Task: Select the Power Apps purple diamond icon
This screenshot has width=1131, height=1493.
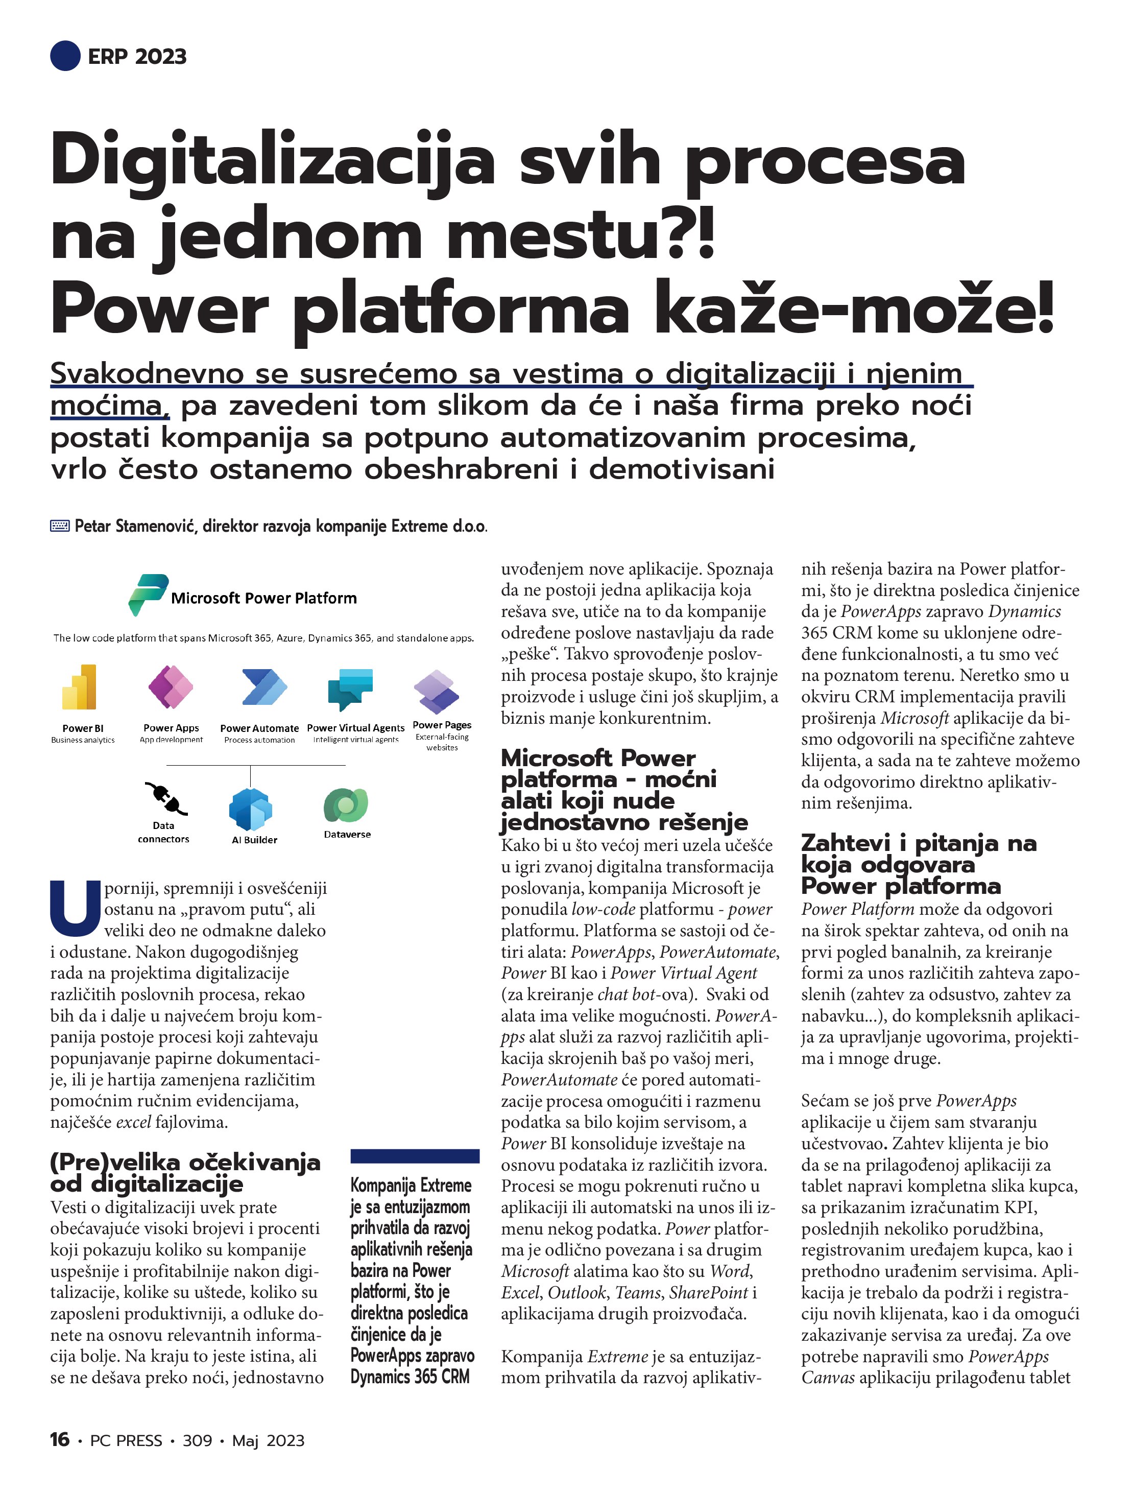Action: tap(171, 686)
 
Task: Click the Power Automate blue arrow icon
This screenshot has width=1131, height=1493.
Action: tap(264, 687)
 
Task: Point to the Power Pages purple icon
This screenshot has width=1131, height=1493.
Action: tap(437, 692)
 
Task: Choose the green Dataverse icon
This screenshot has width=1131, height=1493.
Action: tap(346, 805)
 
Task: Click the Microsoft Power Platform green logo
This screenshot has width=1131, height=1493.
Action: tap(147, 594)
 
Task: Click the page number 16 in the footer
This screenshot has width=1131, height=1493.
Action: tap(59, 1440)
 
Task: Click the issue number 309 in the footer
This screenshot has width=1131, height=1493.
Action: tap(197, 1440)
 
